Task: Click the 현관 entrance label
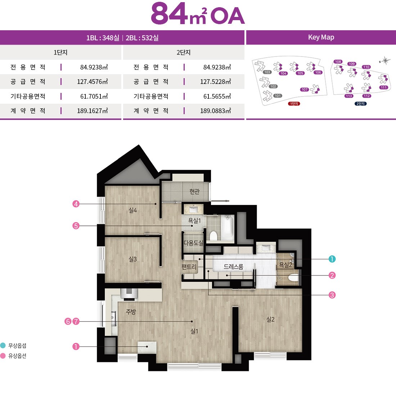(194, 191)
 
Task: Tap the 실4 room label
(132, 210)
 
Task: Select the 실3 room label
(132, 259)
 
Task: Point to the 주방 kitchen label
(131, 311)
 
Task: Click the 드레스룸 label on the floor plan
(233, 267)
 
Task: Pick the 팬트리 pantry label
(189, 267)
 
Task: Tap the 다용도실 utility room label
(193, 243)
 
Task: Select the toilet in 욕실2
(293, 278)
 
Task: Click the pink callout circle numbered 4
(76, 204)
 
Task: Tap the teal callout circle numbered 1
(332, 259)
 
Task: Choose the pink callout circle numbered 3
(332, 295)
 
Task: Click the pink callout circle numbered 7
(76, 321)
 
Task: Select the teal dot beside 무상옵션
(3, 345)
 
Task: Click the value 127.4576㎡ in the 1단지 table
(92, 82)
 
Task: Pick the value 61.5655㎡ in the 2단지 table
(217, 97)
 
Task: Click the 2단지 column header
(183, 53)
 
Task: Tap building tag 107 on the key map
(305, 90)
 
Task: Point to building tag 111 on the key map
(384, 88)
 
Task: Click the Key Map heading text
(321, 37)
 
